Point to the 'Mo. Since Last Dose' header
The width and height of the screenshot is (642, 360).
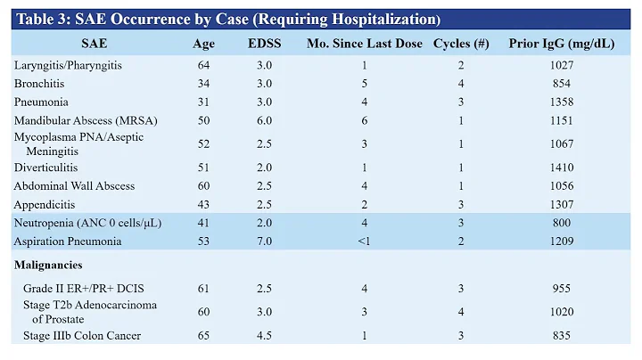[x=364, y=44]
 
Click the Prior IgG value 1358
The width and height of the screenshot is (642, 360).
[x=561, y=102]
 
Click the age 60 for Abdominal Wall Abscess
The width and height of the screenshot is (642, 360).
[x=203, y=185]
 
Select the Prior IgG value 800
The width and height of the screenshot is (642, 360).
[x=561, y=223]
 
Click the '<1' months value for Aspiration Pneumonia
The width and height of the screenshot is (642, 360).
[x=364, y=241]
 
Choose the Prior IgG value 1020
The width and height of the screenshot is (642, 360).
[x=561, y=312]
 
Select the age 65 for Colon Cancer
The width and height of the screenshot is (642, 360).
[x=203, y=336]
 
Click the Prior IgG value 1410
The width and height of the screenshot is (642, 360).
[x=561, y=168]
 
